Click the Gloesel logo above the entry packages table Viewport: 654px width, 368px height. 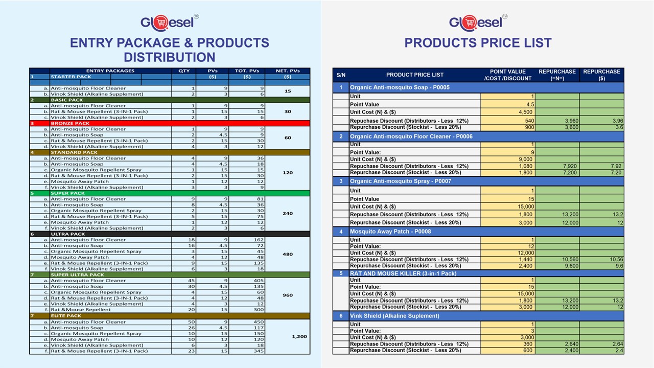169,23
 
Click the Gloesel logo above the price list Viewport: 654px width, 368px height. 478,23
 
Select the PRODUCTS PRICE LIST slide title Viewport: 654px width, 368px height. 478,43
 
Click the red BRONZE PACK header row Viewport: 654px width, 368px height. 169,123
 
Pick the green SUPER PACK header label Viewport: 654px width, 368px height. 68,193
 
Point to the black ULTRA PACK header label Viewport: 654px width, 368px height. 68,234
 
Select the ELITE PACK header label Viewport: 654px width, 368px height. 66,316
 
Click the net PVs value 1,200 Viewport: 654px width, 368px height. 299,336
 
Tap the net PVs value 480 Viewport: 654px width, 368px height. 288,254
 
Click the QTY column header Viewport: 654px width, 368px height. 184,71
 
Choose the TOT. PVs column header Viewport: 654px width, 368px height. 247,71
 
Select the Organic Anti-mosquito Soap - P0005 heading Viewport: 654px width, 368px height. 400,87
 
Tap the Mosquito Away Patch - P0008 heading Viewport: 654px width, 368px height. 390,232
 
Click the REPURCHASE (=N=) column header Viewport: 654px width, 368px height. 557,75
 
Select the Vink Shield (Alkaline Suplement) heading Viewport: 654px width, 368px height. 394,316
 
